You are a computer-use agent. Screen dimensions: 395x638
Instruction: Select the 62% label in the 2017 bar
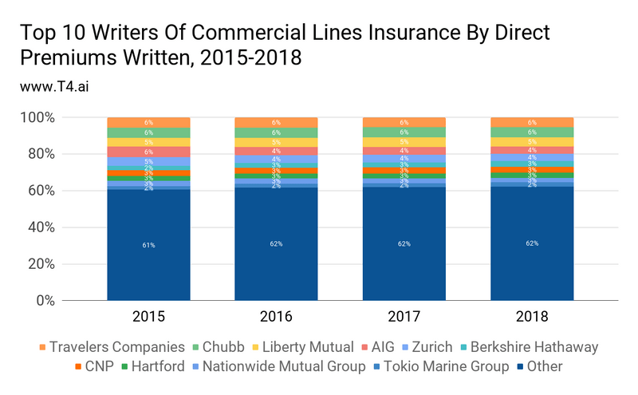pos(404,243)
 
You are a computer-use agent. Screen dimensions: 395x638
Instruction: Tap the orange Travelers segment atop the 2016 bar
pos(277,122)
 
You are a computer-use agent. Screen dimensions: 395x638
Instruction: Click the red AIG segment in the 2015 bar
pos(149,152)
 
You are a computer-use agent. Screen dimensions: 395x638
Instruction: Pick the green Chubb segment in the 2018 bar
pos(532,132)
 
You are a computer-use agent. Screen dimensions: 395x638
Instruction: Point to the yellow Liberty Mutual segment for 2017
pos(404,142)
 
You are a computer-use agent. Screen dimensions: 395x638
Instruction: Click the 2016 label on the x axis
pos(277,317)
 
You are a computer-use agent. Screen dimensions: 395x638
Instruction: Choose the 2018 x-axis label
pos(532,317)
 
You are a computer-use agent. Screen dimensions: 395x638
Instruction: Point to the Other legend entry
pos(542,366)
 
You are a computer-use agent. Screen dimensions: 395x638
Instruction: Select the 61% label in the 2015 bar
pos(149,247)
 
